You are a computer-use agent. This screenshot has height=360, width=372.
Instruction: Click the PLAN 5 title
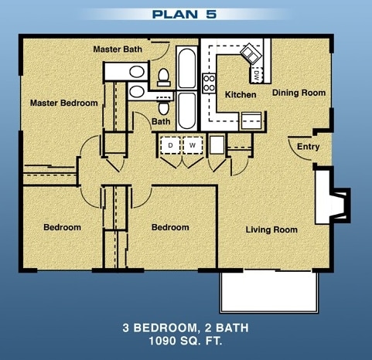coord(186,13)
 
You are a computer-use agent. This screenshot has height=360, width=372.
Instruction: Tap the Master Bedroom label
coord(63,103)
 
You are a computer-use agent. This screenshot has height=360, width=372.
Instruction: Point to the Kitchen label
coord(240,95)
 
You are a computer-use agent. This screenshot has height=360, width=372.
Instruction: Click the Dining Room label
coord(299,93)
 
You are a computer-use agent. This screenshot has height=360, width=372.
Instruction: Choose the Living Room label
coord(271,229)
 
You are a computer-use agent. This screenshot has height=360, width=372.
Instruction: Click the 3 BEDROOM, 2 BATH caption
coord(186,328)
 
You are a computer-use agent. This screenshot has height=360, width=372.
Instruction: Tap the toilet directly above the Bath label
coord(163,76)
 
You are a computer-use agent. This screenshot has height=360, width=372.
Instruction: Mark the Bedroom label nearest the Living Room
coord(169,227)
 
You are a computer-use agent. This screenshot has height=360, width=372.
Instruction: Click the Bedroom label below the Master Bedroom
coord(62,227)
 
